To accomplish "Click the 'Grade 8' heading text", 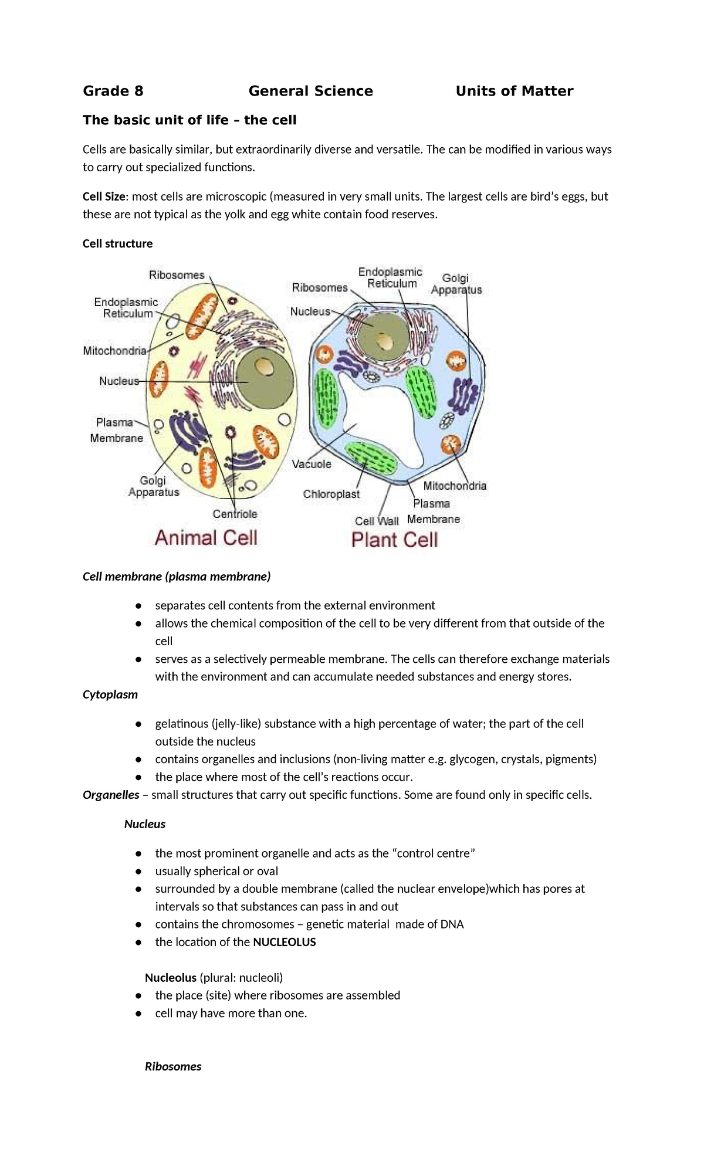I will click(113, 91).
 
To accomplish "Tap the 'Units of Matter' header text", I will click(514, 91).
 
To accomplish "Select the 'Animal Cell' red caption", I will click(206, 537).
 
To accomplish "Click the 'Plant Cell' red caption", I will click(394, 540).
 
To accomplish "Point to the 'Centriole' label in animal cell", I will click(235, 514).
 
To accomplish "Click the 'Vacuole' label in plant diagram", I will click(312, 464).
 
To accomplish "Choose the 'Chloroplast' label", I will click(331, 494).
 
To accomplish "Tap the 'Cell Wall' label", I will click(376, 521).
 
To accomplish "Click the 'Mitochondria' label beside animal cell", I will click(114, 351).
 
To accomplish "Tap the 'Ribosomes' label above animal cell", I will click(176, 275).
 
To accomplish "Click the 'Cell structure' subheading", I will click(117, 243).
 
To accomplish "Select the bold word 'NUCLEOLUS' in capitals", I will click(284, 942).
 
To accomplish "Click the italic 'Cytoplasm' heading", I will click(110, 694).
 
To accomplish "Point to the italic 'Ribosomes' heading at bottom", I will click(173, 1066).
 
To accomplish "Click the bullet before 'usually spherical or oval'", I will click(138, 872).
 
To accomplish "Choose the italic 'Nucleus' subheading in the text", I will click(145, 824).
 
